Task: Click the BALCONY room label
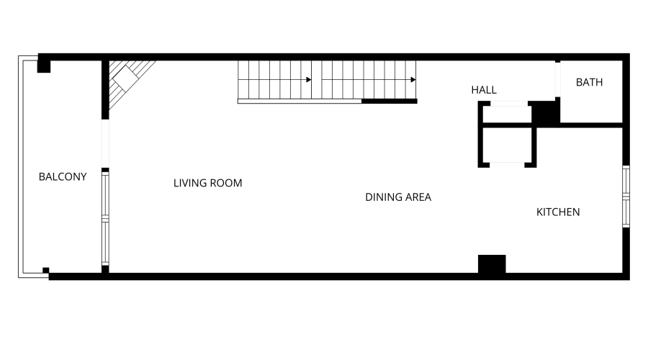[x=63, y=177]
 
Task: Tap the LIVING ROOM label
[x=208, y=183]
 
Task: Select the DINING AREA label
[x=398, y=197]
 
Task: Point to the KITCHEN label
[x=558, y=212]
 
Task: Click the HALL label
[x=484, y=90]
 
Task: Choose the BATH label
[x=589, y=82]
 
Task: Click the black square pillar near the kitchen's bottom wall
[x=492, y=264]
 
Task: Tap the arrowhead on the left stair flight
[x=309, y=80]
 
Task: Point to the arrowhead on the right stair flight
[x=413, y=80]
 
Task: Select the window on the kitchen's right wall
[x=626, y=197]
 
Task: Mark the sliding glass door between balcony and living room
[x=105, y=218]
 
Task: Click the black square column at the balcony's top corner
[x=44, y=66]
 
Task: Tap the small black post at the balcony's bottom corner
[x=46, y=271]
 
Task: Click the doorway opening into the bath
[x=557, y=80]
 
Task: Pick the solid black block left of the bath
[x=546, y=112]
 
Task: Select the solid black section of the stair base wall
[x=390, y=102]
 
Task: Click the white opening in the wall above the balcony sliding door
[x=105, y=144]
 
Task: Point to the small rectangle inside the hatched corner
[x=125, y=78]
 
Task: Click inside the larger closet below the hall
[x=507, y=145]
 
